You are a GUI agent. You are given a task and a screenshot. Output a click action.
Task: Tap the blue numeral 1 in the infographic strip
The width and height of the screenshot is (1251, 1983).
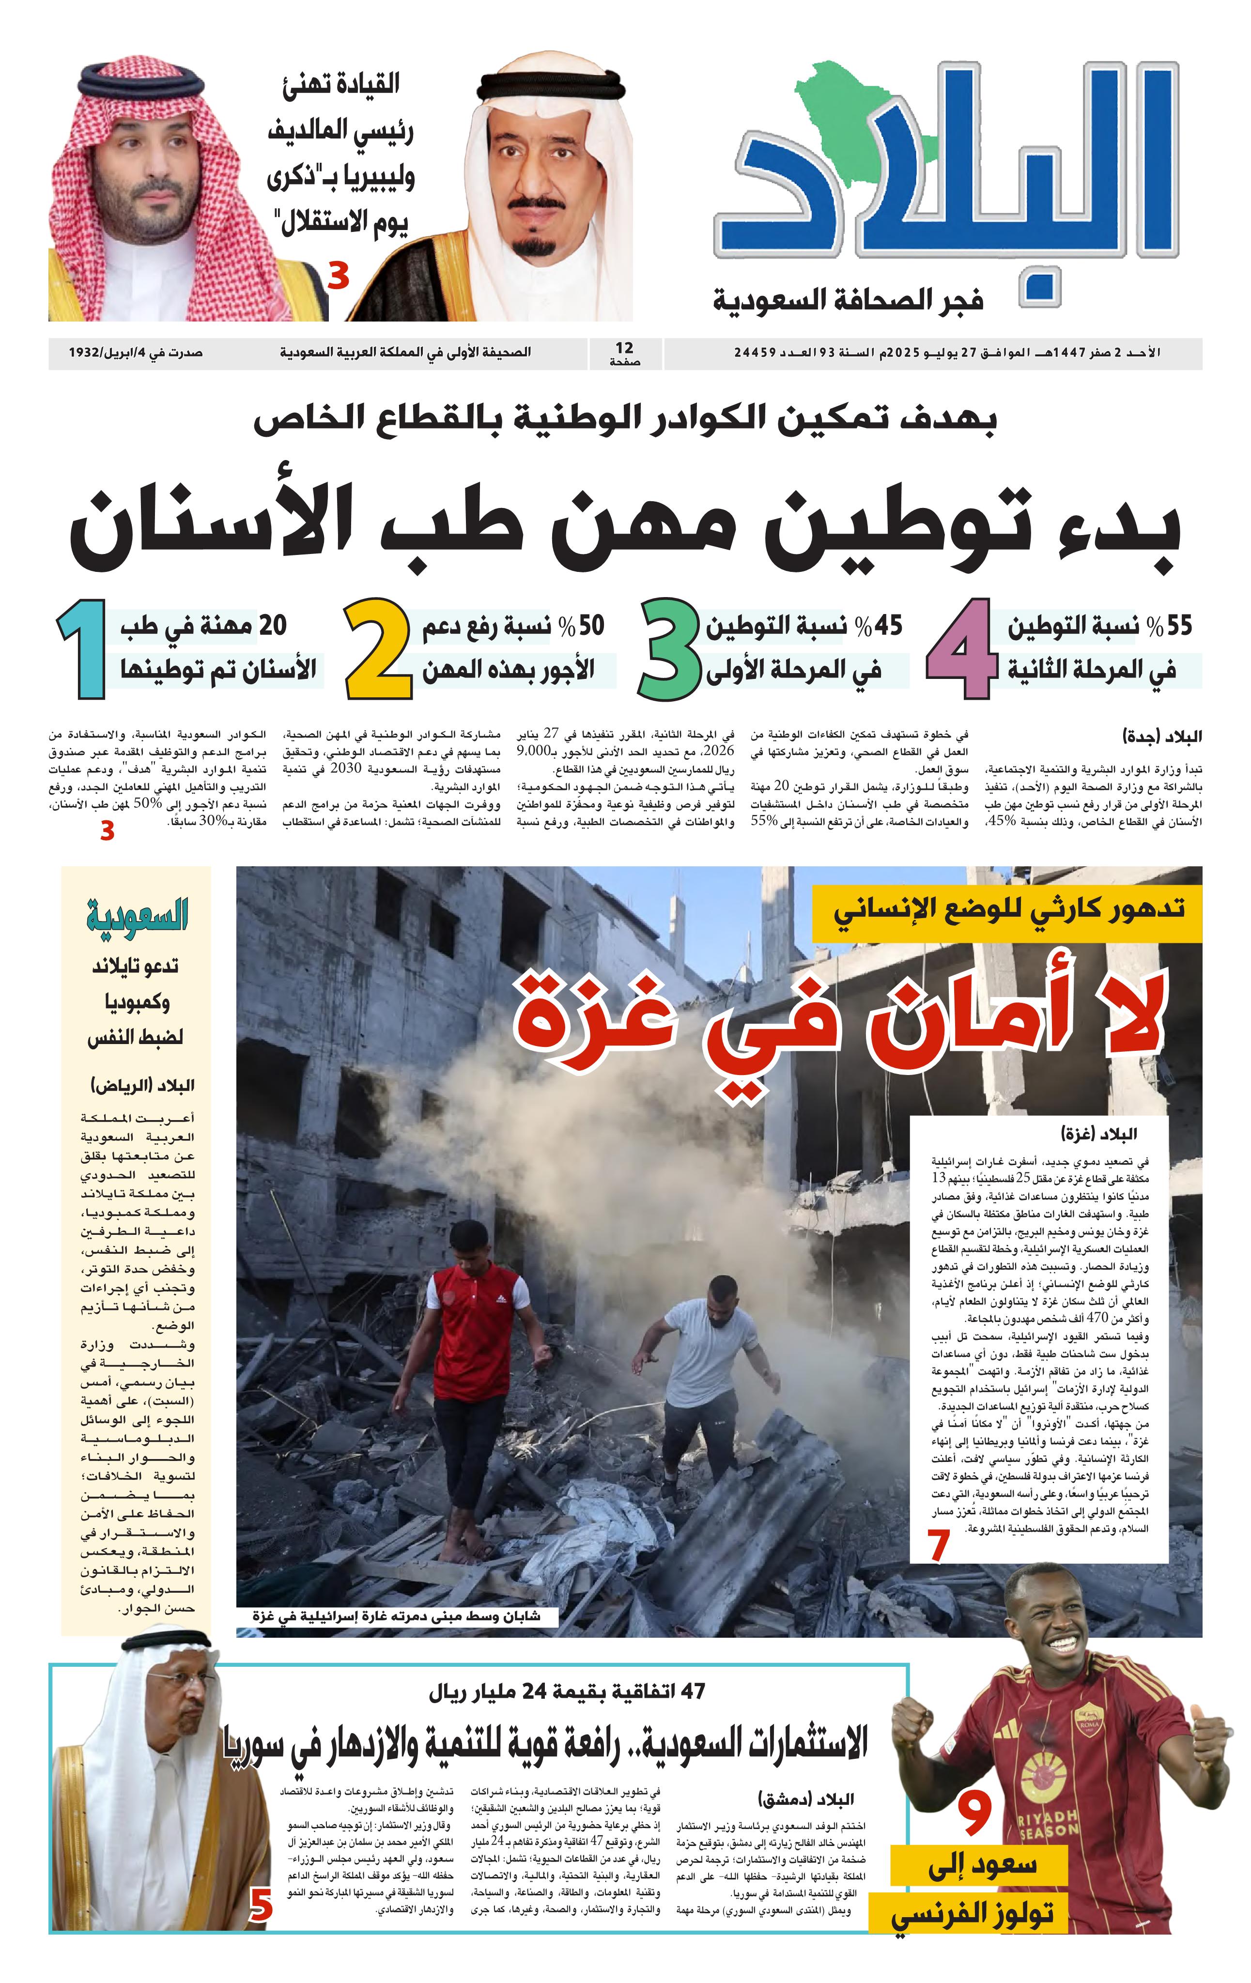point(81,649)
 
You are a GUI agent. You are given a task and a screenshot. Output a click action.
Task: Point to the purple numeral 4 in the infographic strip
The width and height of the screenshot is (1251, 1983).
point(961,649)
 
